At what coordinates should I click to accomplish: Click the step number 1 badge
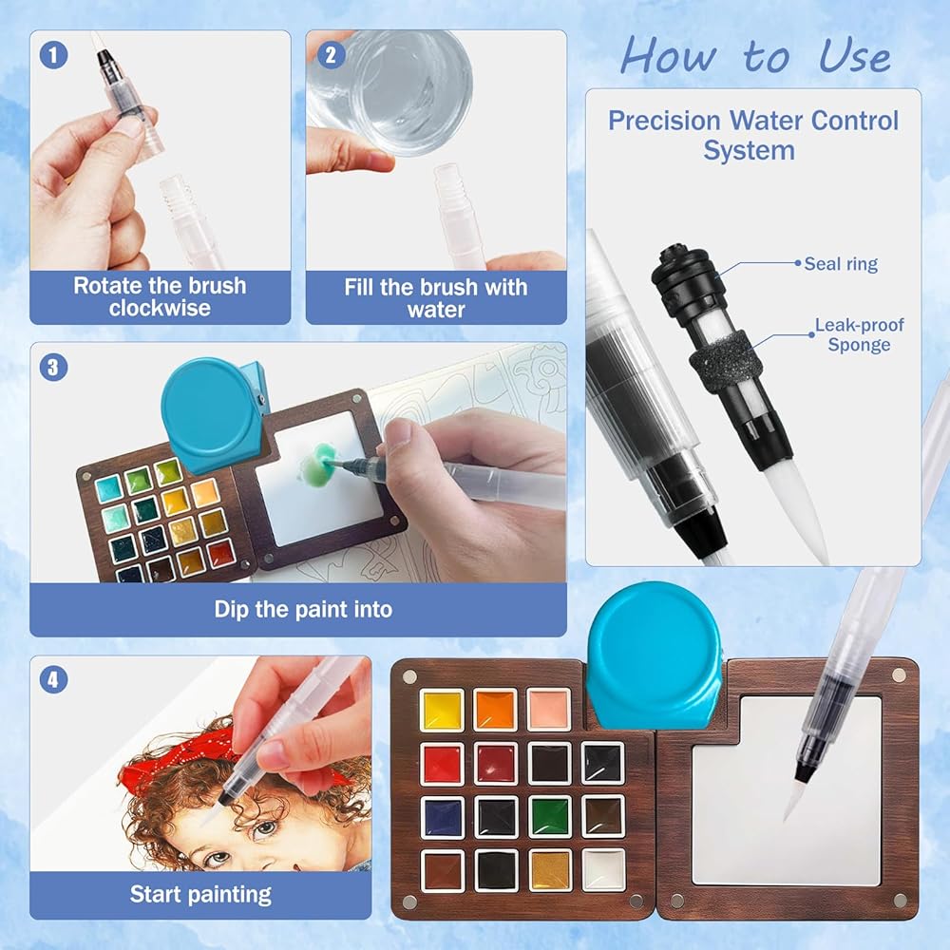(53, 55)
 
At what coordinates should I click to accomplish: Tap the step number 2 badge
(331, 55)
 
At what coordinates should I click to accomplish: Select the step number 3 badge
(53, 367)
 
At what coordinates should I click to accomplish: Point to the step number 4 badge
(53, 679)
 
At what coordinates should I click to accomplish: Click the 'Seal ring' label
(841, 264)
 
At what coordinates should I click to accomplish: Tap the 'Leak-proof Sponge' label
(859, 334)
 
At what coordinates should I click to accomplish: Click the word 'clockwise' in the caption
(160, 308)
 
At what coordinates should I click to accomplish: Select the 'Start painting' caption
(200, 894)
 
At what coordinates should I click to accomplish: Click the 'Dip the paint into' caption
(303, 609)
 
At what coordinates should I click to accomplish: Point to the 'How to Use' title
(755, 56)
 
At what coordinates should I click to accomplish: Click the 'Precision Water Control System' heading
(753, 135)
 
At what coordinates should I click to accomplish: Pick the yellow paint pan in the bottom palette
(443, 710)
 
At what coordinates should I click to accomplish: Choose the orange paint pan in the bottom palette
(496, 710)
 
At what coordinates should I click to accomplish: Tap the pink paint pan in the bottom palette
(548, 709)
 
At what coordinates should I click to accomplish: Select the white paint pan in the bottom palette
(603, 870)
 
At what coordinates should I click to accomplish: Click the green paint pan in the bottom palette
(550, 816)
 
